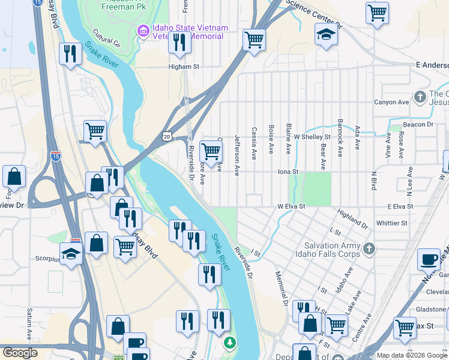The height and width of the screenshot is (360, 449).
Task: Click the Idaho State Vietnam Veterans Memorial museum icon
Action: click(x=143, y=31)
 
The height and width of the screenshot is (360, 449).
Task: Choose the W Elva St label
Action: click(x=292, y=206)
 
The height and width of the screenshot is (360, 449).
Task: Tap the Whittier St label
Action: click(x=391, y=223)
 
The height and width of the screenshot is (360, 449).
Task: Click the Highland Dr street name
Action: click(x=352, y=219)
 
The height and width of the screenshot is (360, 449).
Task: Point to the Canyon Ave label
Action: click(x=391, y=102)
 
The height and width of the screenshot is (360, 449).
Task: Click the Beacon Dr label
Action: click(x=418, y=124)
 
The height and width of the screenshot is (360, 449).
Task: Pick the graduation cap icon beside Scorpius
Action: click(x=71, y=254)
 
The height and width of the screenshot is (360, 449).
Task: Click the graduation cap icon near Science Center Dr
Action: click(x=326, y=34)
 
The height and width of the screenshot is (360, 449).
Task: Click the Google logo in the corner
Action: click(x=20, y=353)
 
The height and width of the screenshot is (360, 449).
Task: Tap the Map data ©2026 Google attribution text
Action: click(x=411, y=355)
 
